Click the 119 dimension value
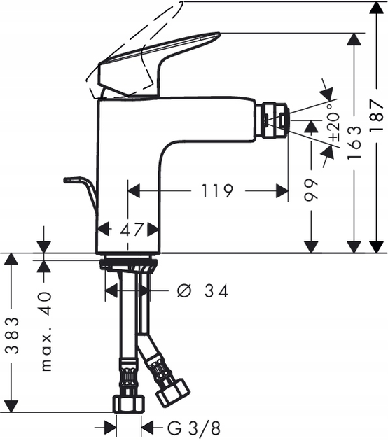pyautogui.click(x=217, y=190)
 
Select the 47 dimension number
pyautogui.click(x=131, y=229)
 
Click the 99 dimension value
pyautogui.click(x=312, y=190)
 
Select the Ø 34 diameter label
pyautogui.click(x=204, y=290)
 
